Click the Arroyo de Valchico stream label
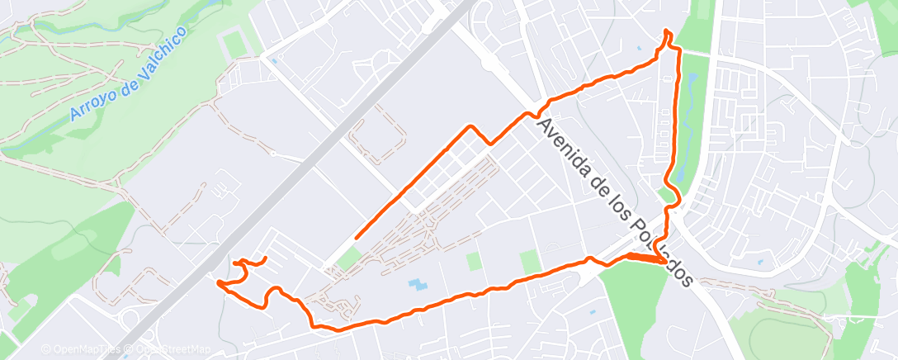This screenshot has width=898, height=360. pos(127,73)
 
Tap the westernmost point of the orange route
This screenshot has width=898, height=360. pos(218,283)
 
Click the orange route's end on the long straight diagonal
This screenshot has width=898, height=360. pos(356,238)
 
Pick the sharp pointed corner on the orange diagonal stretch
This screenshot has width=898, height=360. pos(470,126)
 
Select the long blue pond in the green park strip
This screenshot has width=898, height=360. pos(691,83)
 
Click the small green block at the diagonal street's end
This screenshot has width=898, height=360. pos(349,258)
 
